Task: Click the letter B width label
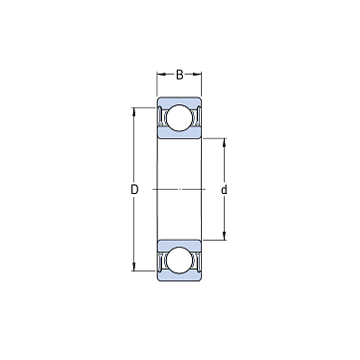click(x=179, y=75)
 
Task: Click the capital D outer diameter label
click(x=134, y=190)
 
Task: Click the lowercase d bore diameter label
click(x=224, y=190)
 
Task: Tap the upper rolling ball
click(x=179, y=117)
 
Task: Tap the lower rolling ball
click(x=179, y=260)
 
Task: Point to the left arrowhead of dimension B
click(x=161, y=75)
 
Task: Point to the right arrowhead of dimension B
click(x=197, y=75)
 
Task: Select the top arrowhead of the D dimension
click(x=134, y=111)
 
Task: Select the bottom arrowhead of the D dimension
click(x=134, y=267)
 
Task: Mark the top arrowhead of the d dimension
click(x=224, y=142)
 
